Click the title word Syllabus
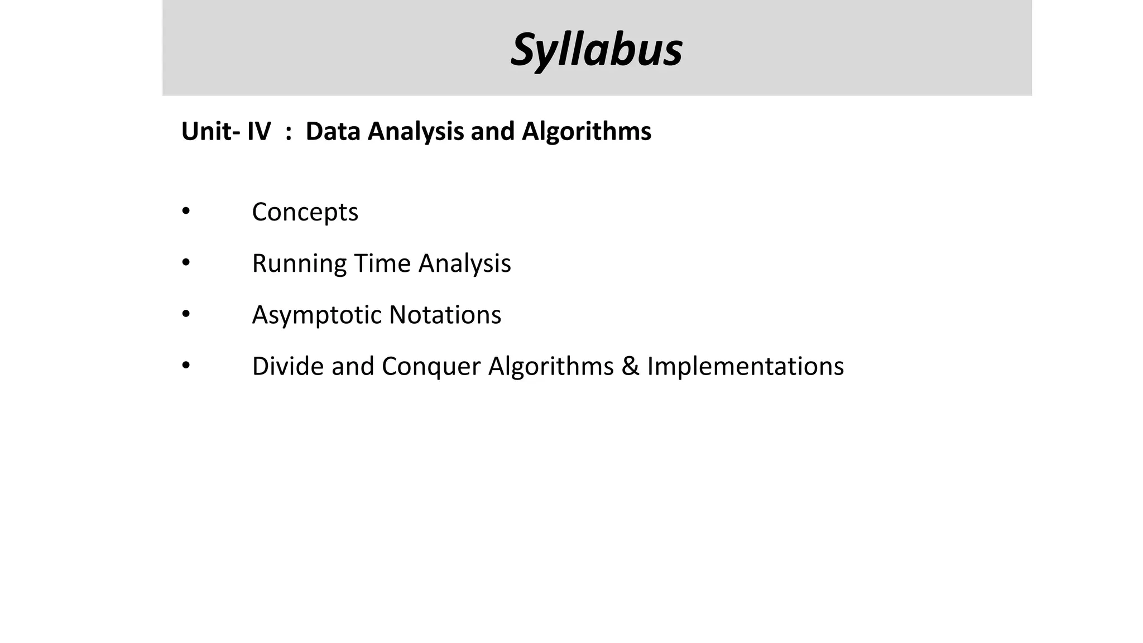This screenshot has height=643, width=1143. coord(596,50)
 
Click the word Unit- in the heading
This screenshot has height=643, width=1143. coord(211,132)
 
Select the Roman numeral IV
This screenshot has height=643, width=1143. coord(259,132)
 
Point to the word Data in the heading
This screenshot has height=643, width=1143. coord(333,132)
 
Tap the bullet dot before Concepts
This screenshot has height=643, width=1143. coord(186,211)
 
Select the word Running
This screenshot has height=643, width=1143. coord(299,264)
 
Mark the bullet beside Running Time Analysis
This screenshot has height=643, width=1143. coord(186,262)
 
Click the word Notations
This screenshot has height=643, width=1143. coord(445,315)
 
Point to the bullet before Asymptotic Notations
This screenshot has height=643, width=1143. coord(186,314)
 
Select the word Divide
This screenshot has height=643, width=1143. coord(287,366)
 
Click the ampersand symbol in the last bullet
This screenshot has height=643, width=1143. coord(630,367)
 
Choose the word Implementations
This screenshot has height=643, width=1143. coord(745,367)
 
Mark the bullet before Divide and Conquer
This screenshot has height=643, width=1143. coord(186,366)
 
